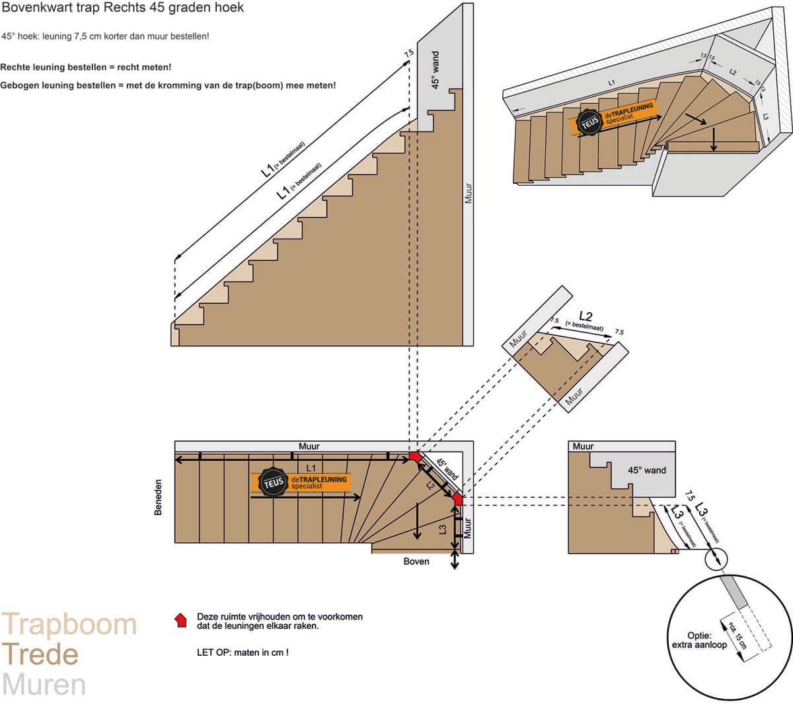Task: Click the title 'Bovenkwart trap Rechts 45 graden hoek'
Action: pos(124,9)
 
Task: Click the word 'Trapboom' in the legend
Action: pos(69,625)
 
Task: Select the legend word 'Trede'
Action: pos(40,655)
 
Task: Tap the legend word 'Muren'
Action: pos(44,685)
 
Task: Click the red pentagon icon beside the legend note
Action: pos(180,620)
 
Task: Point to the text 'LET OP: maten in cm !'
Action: pos(243,653)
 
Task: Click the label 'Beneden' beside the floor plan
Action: pos(158,497)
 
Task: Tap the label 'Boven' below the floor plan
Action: pos(416,561)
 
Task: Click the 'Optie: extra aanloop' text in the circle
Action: pos(699,640)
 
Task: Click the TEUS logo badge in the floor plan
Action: pos(273,483)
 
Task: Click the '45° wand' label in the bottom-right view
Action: pos(646,470)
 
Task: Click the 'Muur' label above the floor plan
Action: pos(309,446)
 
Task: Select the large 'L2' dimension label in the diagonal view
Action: pos(585,315)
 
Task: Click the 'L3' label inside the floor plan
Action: pos(442,529)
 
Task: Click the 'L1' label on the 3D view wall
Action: pos(611,82)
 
